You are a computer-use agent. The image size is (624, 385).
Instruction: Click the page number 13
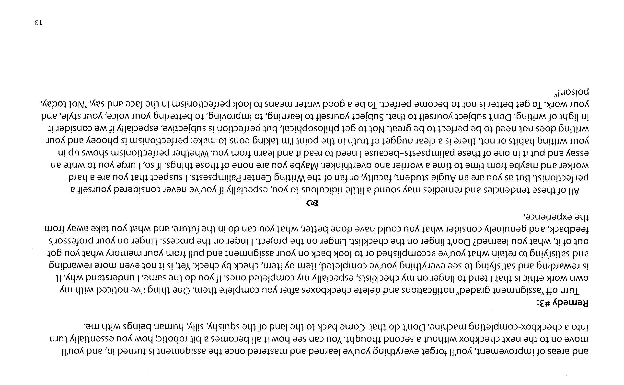click(38, 22)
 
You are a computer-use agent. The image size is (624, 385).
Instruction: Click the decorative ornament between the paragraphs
click(312, 203)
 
